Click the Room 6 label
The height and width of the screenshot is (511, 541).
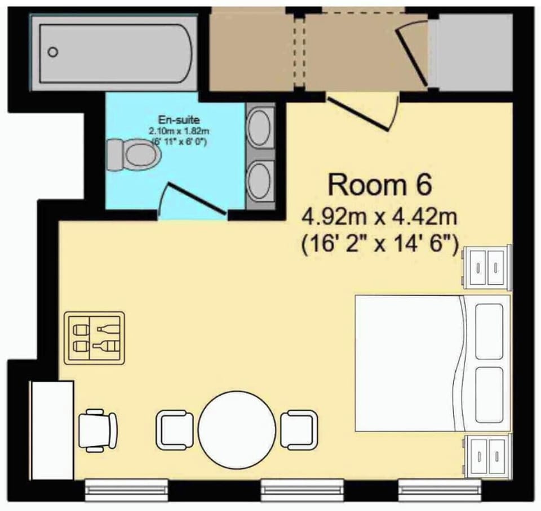[379, 185]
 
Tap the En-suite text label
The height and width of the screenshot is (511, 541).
[179, 120]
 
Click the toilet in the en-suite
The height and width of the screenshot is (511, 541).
[134, 155]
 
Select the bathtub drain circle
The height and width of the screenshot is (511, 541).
[53, 52]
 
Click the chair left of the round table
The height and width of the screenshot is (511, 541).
[175, 429]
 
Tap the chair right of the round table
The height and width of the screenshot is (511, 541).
[299, 429]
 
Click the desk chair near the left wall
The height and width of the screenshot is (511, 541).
[98, 431]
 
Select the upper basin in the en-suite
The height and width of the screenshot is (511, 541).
[259, 127]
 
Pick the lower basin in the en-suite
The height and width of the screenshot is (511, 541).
[259, 181]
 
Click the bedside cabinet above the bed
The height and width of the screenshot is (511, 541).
[487, 267]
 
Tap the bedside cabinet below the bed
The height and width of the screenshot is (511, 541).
[487, 456]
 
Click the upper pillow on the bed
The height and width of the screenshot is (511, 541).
[489, 331]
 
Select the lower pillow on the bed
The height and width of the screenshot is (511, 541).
[489, 395]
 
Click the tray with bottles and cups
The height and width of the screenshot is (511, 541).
[95, 338]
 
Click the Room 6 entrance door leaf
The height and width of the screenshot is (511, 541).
[358, 114]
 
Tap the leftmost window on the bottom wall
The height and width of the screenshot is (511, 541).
[126, 490]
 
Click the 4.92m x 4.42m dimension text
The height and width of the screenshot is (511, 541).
[379, 217]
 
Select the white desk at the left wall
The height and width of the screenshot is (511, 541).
[52, 430]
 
